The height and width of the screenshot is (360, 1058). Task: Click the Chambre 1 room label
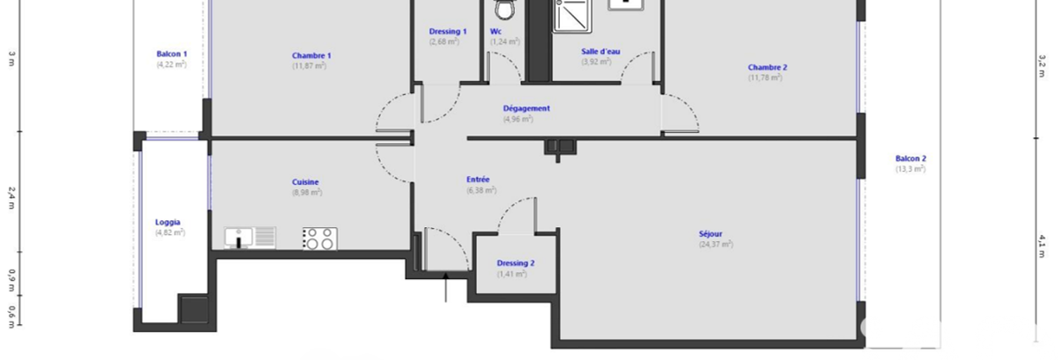[311, 56]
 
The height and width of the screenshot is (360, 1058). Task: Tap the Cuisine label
[305, 182]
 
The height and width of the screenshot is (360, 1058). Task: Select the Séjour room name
[710, 234]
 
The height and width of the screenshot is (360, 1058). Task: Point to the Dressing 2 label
[516, 263]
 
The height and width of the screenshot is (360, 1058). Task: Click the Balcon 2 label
[911, 158]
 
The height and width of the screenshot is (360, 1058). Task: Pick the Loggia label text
[167, 222]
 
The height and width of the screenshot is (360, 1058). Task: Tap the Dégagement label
[526, 108]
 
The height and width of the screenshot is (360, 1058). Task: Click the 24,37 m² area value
[716, 245]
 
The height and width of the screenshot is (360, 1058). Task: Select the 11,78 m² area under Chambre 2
[765, 78]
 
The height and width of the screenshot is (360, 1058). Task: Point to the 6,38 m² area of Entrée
[481, 191]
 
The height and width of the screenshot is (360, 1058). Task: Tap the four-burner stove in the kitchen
[320, 239]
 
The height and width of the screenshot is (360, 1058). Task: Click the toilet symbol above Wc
[505, 9]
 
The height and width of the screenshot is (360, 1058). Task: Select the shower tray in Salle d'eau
[572, 16]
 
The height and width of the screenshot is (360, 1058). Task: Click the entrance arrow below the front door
[445, 287]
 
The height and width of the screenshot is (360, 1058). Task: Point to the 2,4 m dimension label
[11, 198]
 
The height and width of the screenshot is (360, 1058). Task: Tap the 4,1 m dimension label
[1042, 246]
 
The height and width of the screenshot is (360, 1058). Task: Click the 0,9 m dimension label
[11, 281]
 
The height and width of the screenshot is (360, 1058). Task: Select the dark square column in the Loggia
[194, 309]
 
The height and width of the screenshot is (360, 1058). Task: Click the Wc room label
[495, 32]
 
